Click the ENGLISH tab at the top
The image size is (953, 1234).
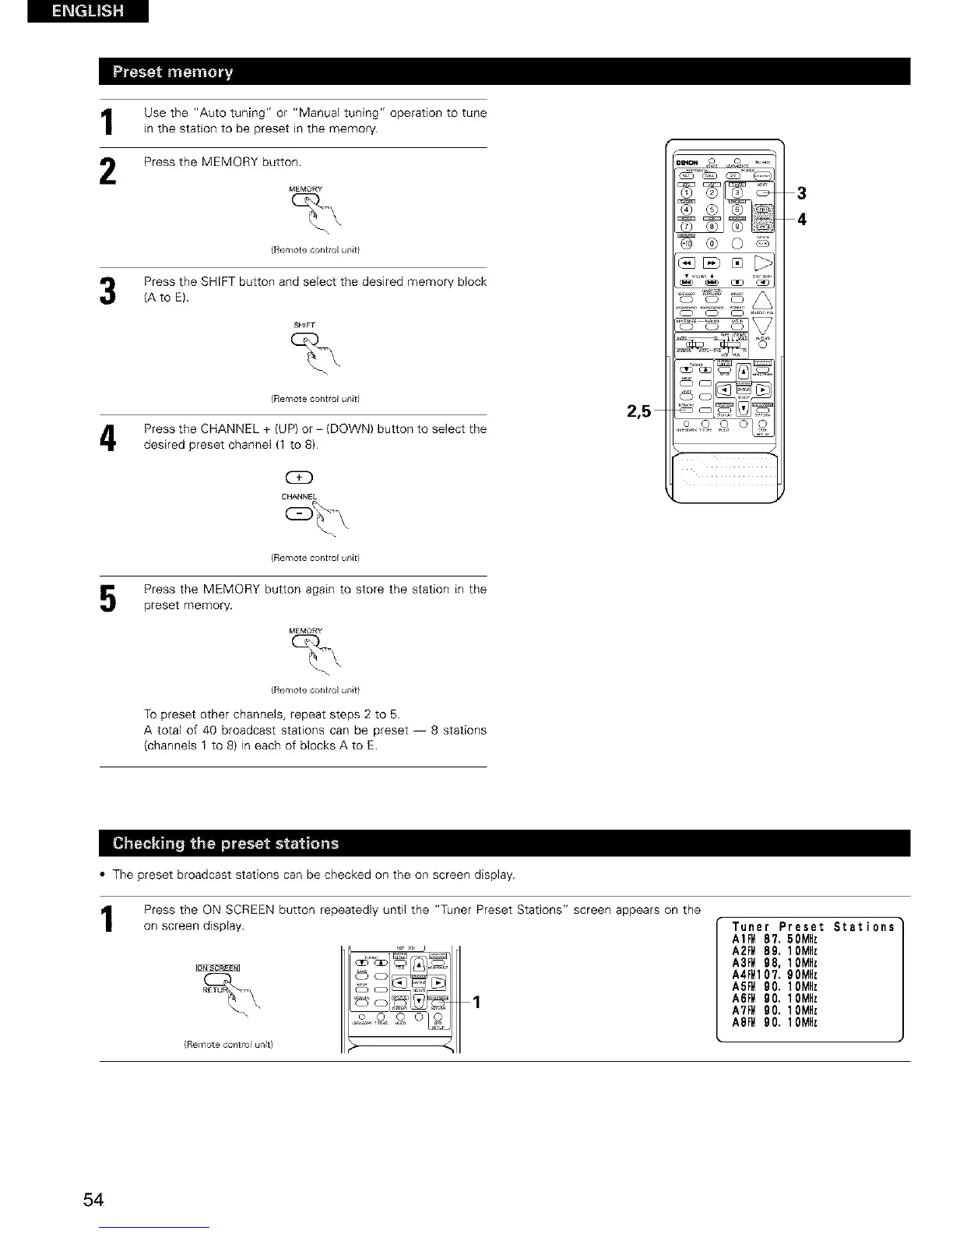[87, 12]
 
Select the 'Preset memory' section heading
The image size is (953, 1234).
[173, 72]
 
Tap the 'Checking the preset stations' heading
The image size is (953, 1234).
[226, 843]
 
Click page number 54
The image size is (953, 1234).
[93, 1199]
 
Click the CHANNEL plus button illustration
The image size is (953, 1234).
[300, 478]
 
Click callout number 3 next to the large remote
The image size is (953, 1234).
[801, 192]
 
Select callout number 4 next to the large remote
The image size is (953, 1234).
[801, 219]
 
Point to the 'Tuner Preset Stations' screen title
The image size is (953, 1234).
[813, 927]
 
